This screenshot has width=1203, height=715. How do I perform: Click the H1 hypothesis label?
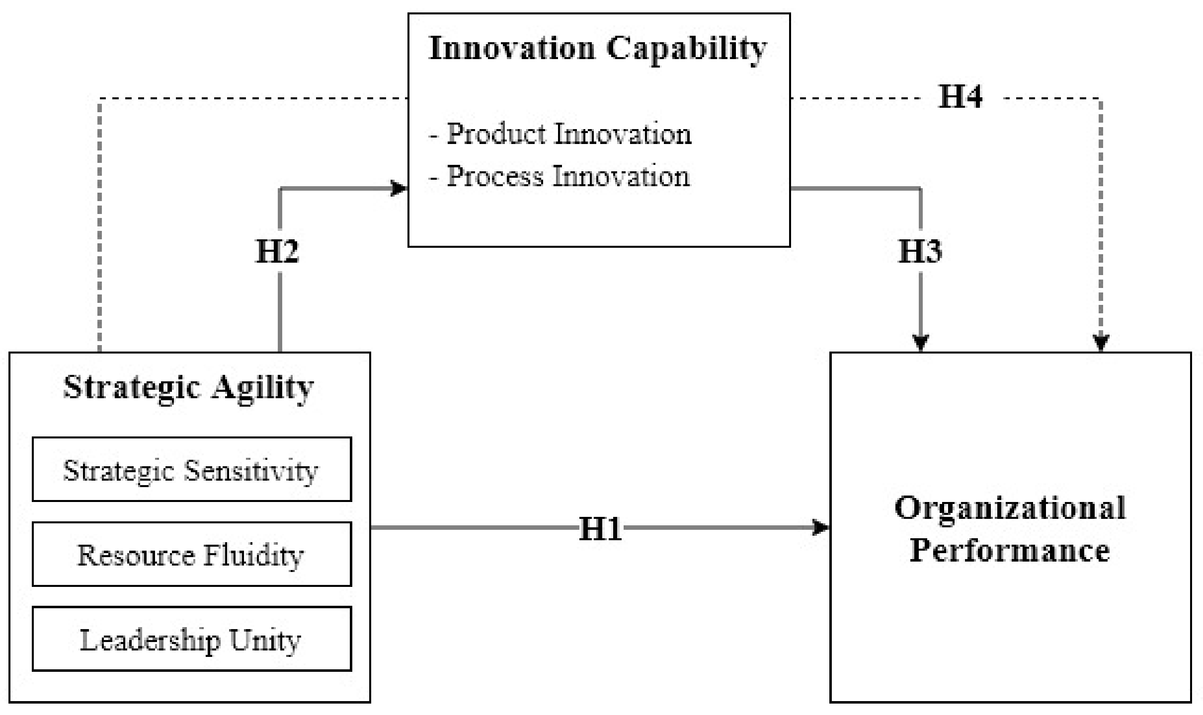coord(600,529)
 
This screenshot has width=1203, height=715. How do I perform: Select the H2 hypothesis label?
coord(277,251)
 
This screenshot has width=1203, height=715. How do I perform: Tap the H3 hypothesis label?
coord(920,251)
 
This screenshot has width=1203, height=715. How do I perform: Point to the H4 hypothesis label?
coord(960,96)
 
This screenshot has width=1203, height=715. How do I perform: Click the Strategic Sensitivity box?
coord(192,469)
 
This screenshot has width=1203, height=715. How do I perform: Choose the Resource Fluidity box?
coord(192,554)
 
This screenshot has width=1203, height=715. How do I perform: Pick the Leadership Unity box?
coord(192,639)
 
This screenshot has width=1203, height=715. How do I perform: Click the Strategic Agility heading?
coord(189,388)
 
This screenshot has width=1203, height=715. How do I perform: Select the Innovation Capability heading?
coord(598,49)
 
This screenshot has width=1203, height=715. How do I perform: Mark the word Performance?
coord(1010,551)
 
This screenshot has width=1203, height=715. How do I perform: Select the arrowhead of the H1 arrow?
coord(821,527)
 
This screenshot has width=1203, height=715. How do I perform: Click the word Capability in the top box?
coord(686,49)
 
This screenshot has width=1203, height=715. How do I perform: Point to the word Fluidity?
coord(253,555)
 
